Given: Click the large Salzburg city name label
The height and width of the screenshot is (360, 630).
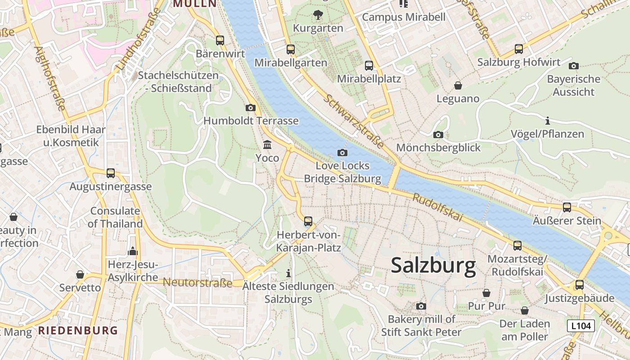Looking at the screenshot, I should pos(433,265).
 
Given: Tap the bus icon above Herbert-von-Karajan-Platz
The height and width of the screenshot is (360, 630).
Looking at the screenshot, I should pos(308,221).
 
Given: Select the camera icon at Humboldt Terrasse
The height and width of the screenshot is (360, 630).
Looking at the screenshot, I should pos(251,108).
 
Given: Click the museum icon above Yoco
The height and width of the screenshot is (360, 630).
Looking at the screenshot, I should pos(267,145).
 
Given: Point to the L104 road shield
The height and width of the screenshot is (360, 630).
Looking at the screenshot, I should pos(580,326).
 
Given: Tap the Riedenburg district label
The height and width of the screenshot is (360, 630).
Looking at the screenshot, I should pos(78,330).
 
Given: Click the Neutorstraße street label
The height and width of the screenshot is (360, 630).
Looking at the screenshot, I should pos(198,283).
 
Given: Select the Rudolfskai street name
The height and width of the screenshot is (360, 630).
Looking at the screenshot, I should pos(437,207).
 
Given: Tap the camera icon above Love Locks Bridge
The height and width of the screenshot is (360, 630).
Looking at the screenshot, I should pos(342,153).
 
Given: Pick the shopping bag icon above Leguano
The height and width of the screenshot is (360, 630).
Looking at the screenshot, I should pos(458,85).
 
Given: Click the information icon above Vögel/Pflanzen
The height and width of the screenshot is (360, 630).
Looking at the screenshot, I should pos(548,121).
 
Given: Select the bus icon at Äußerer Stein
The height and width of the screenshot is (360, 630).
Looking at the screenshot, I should pos(567,207).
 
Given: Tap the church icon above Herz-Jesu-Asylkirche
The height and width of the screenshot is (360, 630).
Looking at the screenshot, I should pos(133,251).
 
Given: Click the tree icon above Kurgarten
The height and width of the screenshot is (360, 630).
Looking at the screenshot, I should pos(318,15).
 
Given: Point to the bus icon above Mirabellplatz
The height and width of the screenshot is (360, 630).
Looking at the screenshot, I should pos(369,66).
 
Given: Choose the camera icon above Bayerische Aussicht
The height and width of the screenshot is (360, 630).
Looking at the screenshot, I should pos(573,66).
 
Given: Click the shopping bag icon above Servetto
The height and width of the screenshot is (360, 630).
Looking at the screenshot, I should pos(80,274).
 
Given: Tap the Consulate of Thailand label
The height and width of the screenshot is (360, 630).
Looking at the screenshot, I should pos(115,217).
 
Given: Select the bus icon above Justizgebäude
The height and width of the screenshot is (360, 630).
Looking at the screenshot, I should pos(580,285).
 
